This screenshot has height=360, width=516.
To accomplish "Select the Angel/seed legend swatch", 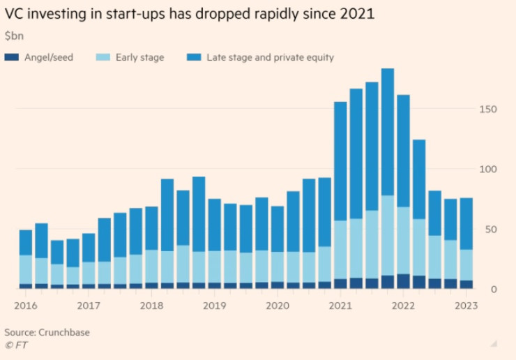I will pyautogui.click(x=12, y=57).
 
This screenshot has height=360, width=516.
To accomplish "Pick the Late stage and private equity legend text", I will pyautogui.click(x=271, y=57).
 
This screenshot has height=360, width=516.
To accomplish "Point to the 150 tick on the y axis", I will pyautogui.click(x=487, y=110).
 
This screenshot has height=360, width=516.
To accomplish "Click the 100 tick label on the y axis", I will pyautogui.click(x=487, y=170).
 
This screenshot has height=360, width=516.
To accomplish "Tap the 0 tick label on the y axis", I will pyautogui.click(x=493, y=289).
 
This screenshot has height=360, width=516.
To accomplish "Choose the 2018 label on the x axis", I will pyautogui.click(x=151, y=306).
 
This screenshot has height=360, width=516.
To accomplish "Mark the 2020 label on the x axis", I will pyautogui.click(x=278, y=306).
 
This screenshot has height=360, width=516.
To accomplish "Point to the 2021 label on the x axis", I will pyautogui.click(x=341, y=306).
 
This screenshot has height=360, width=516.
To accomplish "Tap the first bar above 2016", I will pyautogui.click(x=26, y=259).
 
